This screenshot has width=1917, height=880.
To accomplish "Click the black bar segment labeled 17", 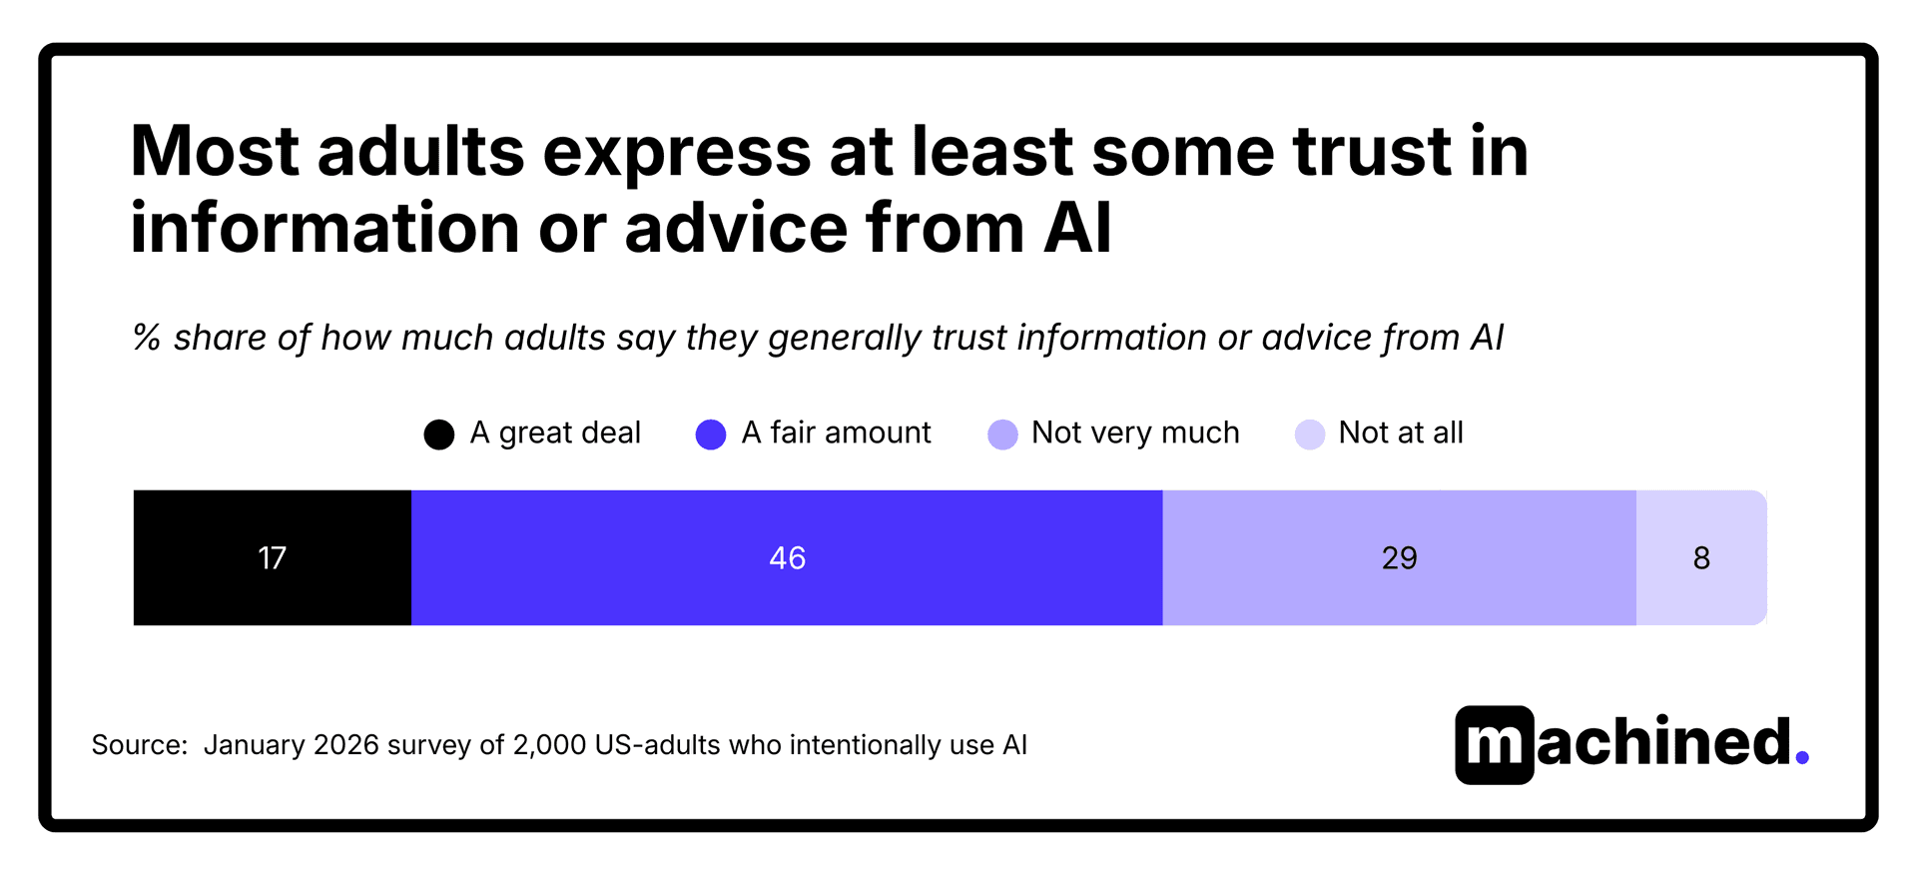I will click(272, 557).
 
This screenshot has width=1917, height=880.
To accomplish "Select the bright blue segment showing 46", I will click(787, 557).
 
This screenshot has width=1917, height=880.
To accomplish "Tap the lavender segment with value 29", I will click(1399, 557).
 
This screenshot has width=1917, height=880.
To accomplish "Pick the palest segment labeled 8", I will click(1701, 557).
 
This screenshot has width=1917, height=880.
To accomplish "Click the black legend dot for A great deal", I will click(439, 435).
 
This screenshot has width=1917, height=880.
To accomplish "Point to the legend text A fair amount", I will click(836, 433).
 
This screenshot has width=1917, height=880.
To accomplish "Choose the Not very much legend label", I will click(1135, 433).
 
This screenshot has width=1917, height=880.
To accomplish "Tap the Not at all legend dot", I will click(1310, 435).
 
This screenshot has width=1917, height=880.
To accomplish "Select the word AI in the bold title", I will click(1077, 228).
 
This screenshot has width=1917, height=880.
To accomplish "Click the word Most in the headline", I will click(215, 152).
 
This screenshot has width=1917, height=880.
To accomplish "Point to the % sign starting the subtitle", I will click(147, 338).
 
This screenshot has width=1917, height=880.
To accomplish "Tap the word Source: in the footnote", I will click(140, 745).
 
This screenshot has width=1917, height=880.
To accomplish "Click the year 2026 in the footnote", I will click(345, 745).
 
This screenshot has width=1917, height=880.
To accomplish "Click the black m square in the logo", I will click(1494, 745).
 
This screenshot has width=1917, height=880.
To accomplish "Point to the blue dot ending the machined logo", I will click(1802, 759).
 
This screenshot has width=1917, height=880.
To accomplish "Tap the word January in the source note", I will click(254, 745).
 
